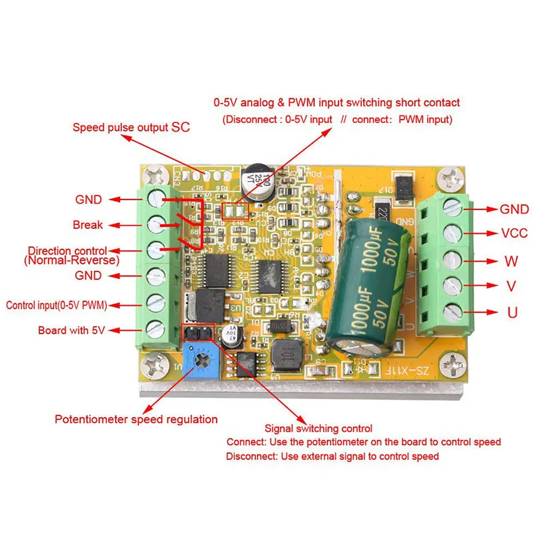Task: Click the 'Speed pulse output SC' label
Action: tap(127, 126)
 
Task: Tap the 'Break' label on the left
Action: tap(87, 225)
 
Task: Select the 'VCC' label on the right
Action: tap(514, 233)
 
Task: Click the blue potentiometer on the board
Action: tap(200, 361)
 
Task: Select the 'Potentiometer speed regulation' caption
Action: tap(136, 419)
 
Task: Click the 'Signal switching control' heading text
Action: tap(318, 429)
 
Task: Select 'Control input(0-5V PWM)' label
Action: tap(57, 305)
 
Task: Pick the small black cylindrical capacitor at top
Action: tap(256, 182)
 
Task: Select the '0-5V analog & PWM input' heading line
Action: tap(336, 103)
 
